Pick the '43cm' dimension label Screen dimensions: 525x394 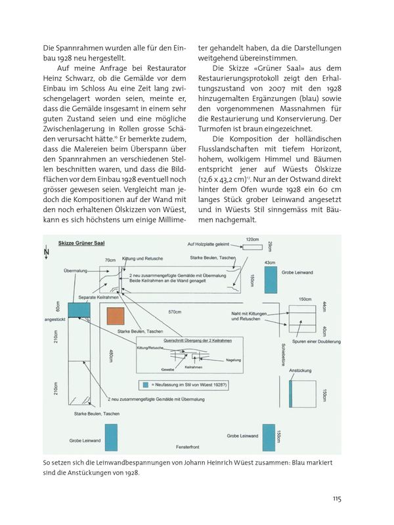click(x=269, y=262)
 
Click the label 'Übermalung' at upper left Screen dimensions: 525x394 click(x=76, y=268)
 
